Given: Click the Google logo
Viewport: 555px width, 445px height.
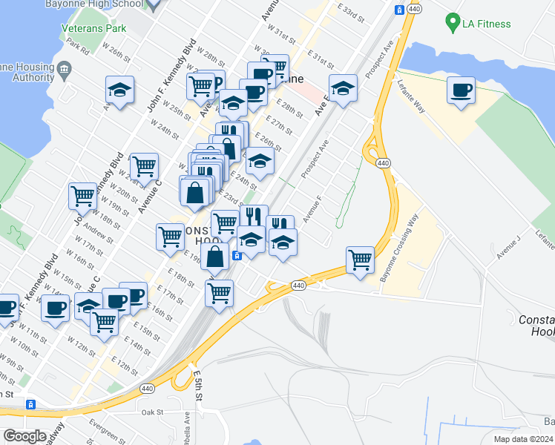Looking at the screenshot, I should click(x=24, y=436).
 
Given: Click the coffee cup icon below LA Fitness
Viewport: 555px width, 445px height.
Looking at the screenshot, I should click(x=461, y=90).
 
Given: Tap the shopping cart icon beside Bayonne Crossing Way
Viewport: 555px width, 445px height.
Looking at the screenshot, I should click(x=360, y=260).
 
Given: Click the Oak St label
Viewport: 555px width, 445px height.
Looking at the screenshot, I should click(x=151, y=412).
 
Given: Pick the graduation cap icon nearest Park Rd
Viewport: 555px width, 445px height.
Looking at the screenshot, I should click(x=119, y=90).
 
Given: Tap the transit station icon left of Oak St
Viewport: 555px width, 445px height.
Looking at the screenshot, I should click(x=31, y=404).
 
